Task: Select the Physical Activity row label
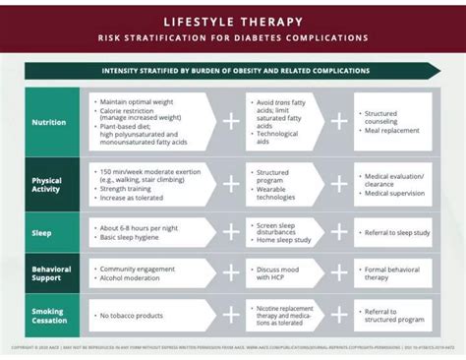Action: click(47, 186)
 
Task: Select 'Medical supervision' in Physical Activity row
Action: click(399, 193)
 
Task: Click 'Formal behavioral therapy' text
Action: click(392, 272)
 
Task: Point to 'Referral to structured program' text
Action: click(393, 315)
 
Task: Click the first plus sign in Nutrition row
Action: click(231, 121)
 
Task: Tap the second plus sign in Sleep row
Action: click(338, 232)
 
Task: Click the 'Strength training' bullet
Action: click(134, 189)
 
